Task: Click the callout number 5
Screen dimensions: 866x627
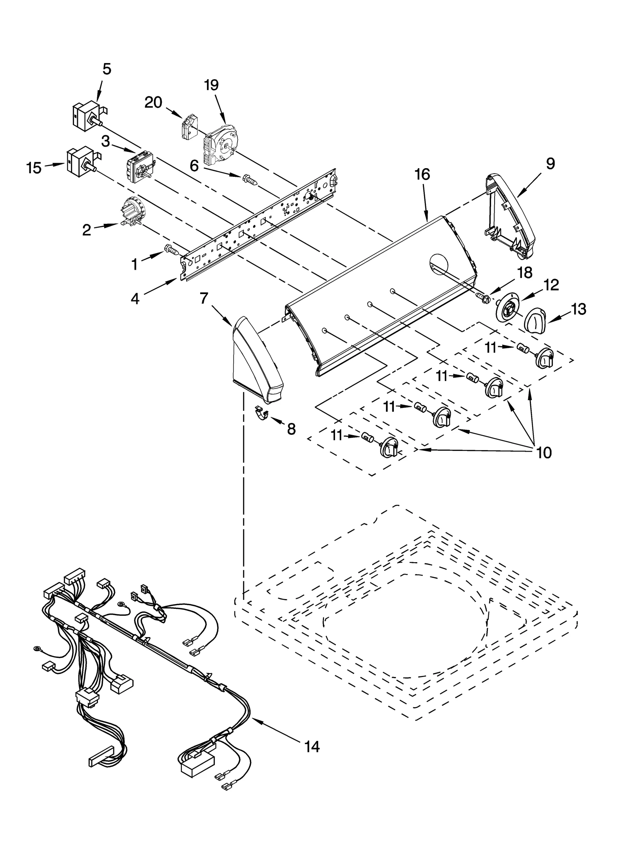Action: coord(107,69)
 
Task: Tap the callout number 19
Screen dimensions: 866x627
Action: coord(212,85)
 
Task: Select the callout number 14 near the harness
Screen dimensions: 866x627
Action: coord(312,747)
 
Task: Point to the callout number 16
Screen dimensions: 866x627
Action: coord(422,174)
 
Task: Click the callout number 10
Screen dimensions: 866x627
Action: coord(544,452)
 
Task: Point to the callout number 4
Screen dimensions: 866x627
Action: coord(134,299)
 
